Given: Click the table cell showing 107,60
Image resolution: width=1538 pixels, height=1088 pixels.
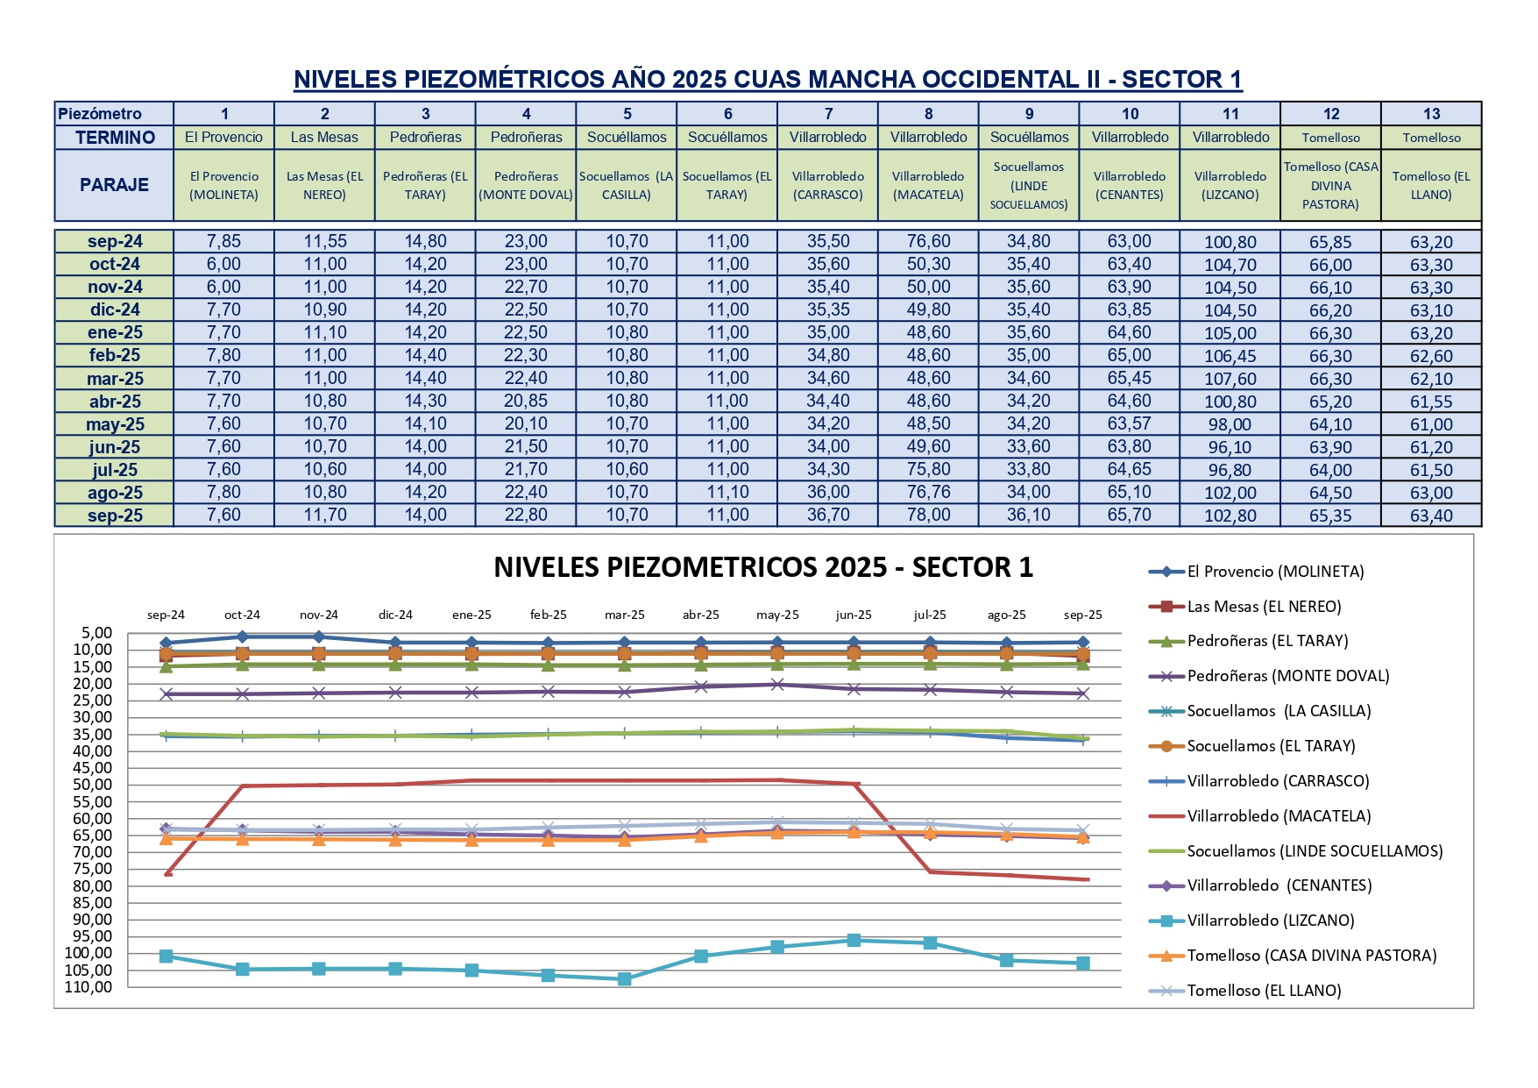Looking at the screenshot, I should (x=1230, y=379).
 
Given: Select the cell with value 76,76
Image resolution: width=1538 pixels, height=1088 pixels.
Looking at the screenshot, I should (x=928, y=493).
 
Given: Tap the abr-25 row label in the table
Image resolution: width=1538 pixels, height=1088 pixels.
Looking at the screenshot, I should (x=115, y=402).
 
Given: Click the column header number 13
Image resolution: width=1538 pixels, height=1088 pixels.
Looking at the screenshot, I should (x=1431, y=114).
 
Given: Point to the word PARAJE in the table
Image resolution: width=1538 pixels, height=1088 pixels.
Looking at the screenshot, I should (x=114, y=185).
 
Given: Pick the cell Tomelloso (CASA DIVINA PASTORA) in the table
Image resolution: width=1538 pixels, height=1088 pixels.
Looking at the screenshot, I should (x=1330, y=185).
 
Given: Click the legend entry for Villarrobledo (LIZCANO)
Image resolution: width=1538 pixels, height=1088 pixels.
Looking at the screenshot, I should (x=1270, y=921).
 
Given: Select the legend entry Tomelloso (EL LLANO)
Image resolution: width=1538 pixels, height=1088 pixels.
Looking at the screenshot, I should (x=1264, y=991).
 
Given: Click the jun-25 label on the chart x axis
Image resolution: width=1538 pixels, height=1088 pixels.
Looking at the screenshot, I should (x=854, y=615).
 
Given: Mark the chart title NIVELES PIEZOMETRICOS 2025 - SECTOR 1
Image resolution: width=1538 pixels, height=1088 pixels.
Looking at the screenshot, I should (x=763, y=568).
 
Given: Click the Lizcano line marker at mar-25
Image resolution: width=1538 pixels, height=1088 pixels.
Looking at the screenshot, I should (x=624, y=979).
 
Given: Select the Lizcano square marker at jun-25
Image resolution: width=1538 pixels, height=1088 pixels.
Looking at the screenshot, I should (x=854, y=941).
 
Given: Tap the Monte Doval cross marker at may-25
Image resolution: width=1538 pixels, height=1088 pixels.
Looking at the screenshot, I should (x=777, y=685).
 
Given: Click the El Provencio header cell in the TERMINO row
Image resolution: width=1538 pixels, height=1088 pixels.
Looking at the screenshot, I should (x=223, y=138).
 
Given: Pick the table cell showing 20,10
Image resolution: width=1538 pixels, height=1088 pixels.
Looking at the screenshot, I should (x=526, y=424).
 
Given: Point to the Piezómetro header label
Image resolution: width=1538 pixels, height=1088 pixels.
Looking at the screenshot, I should (x=100, y=114).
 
